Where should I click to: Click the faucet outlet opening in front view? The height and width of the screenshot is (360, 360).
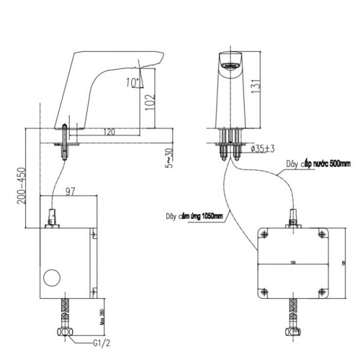click(x=229, y=62)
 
